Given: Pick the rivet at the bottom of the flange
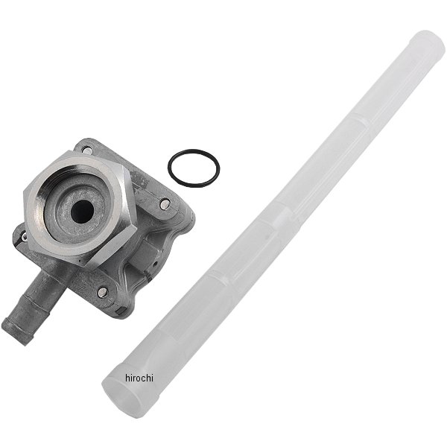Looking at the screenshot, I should pos(102,291).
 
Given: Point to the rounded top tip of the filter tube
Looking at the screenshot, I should pos(429,45).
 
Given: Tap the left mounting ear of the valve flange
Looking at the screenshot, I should pos(26,237).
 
